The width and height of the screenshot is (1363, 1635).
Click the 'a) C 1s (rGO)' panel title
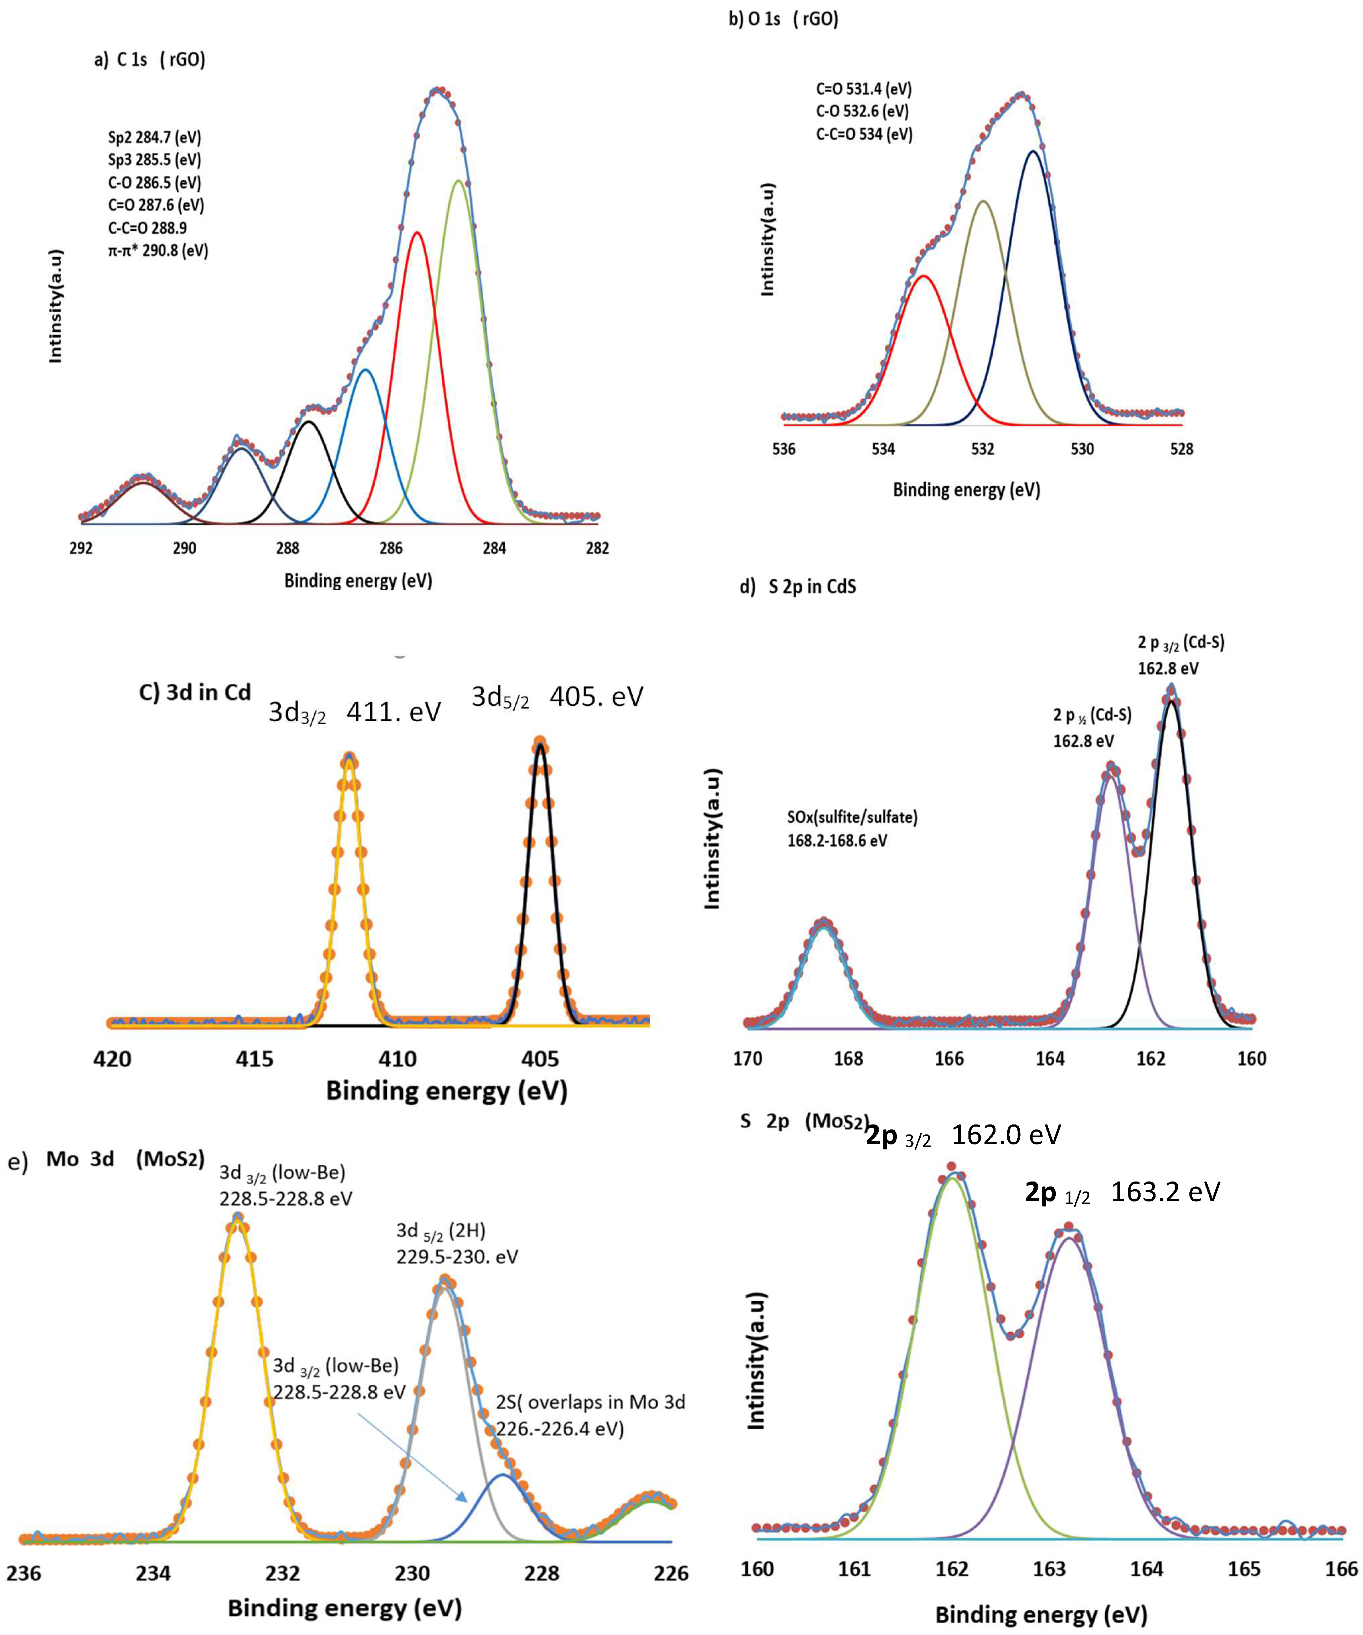(149, 60)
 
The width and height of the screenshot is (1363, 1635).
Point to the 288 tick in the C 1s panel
(287, 548)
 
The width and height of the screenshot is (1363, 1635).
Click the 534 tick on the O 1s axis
(884, 449)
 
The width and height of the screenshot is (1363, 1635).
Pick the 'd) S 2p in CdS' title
(798, 586)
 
